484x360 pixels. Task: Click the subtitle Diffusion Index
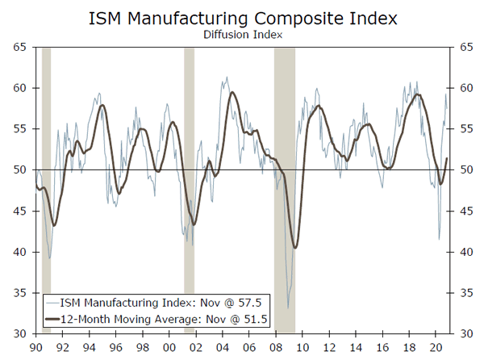tap(241, 35)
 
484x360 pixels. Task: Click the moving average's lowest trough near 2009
tap(296, 248)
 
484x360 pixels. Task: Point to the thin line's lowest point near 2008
tap(288, 308)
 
